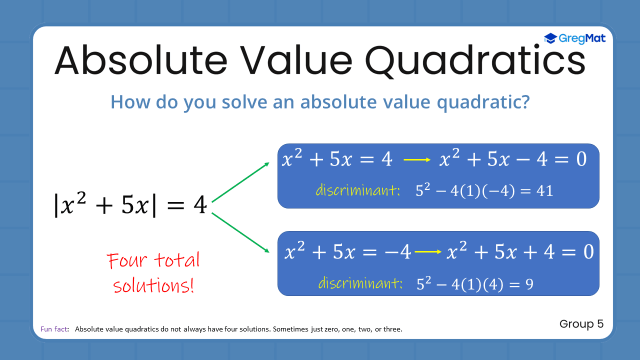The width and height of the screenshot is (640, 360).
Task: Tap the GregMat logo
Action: pyautogui.click(x=574, y=38)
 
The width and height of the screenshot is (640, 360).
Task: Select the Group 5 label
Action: pyautogui.click(x=581, y=324)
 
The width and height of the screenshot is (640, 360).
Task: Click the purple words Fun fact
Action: pyautogui.click(x=54, y=329)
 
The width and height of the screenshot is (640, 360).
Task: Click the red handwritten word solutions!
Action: pyautogui.click(x=153, y=286)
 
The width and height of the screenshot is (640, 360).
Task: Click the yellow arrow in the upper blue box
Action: pyautogui.click(x=417, y=160)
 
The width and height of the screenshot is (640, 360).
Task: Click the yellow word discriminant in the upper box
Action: pyautogui.click(x=357, y=190)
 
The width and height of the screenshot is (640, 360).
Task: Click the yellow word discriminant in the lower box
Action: pyautogui.click(x=360, y=283)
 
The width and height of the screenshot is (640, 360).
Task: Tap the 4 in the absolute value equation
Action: pyautogui.click(x=199, y=205)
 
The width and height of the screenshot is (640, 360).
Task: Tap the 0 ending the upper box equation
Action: pyautogui.click(x=580, y=159)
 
